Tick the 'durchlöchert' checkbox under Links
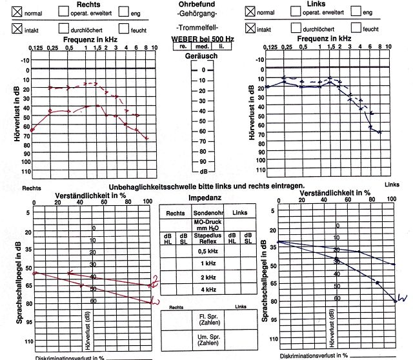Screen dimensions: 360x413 pos(296,28)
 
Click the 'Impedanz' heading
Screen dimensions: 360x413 pos(205,198)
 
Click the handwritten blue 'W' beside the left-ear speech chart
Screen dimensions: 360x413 pos(401,297)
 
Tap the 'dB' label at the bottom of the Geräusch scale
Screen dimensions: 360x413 pos(203,172)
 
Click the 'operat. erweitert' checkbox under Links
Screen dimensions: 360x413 pos(296,11)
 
